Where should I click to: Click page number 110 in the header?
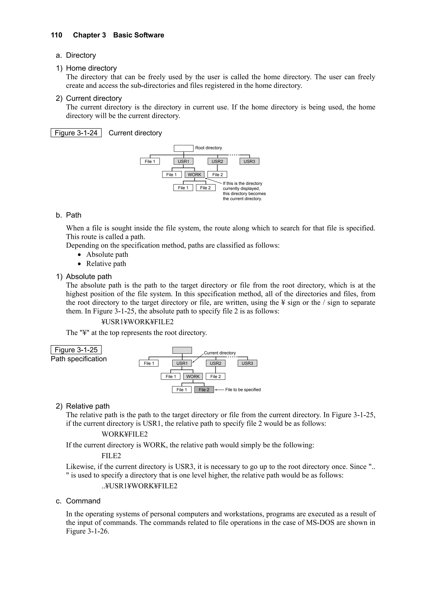[x=56, y=35]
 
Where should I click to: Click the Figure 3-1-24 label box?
[x=76, y=133]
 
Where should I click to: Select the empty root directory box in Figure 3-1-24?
[x=183, y=148]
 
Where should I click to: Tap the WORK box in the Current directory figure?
[x=194, y=175]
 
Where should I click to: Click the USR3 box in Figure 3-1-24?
[x=249, y=161]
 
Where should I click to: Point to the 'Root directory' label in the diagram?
[x=208, y=148]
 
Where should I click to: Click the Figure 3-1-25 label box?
[x=76, y=350]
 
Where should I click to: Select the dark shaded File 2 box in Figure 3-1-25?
[x=204, y=390]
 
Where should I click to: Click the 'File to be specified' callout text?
[x=243, y=390]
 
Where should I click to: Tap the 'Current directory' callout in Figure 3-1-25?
[x=220, y=353]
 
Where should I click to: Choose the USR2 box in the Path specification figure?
[x=215, y=363]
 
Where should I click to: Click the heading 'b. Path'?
[x=68, y=215]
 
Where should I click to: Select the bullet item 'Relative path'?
[x=106, y=264]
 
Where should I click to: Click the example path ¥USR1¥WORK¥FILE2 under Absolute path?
[x=137, y=322]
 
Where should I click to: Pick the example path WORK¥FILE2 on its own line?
[x=124, y=434]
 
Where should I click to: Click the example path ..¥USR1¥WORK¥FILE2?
[x=139, y=486]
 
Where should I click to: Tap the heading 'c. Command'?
[x=78, y=501]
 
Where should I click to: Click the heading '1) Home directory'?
[x=86, y=68]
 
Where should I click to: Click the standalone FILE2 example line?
[x=111, y=456]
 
